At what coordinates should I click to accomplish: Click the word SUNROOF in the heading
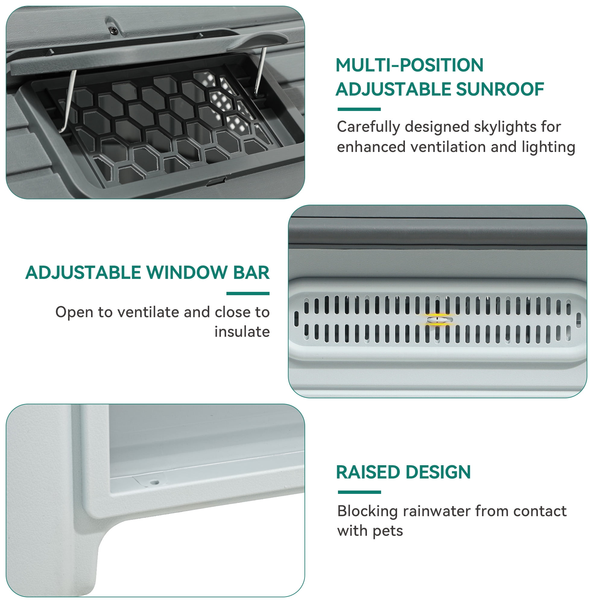point(500,89)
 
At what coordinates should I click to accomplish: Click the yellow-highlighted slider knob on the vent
point(440,320)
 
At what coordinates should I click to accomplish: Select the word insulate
point(242,331)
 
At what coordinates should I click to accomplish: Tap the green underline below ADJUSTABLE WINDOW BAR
point(248,293)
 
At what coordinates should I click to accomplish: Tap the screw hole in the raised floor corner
point(155,482)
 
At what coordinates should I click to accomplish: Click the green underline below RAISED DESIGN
point(359,492)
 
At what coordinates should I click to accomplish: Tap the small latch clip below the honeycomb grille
point(216,181)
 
